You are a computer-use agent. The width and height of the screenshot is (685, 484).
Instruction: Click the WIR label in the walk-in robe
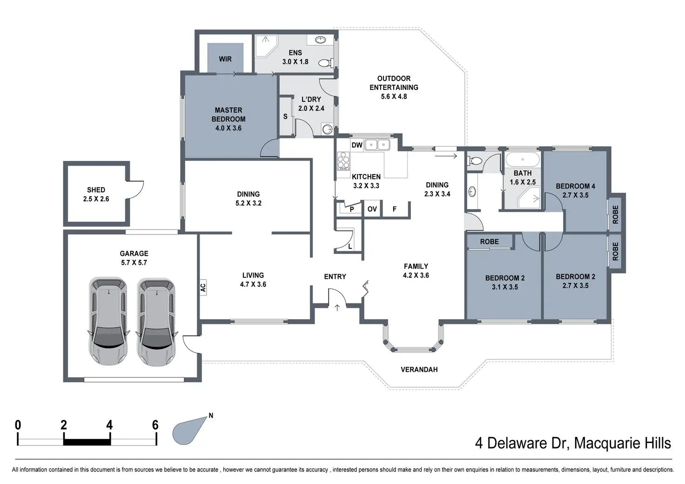tap(225, 59)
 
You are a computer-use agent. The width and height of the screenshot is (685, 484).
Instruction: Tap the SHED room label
tap(96, 190)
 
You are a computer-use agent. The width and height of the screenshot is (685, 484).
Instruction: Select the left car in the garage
tap(108, 321)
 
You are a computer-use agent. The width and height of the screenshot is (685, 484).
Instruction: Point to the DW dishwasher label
tap(357, 145)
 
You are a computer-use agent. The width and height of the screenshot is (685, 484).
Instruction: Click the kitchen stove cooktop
tap(343, 161)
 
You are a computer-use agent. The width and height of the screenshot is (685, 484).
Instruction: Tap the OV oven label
tap(372, 209)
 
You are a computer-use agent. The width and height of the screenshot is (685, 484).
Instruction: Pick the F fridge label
tap(395, 209)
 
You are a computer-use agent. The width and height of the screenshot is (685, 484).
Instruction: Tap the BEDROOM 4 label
tap(575, 186)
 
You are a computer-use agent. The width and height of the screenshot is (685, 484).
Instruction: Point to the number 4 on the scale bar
tap(109, 425)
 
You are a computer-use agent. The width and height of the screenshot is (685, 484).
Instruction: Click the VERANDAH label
tap(419, 370)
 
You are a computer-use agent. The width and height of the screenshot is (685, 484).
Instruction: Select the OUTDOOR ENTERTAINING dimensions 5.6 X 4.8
tap(394, 96)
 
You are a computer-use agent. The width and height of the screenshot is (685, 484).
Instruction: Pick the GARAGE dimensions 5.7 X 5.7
tap(134, 262)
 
